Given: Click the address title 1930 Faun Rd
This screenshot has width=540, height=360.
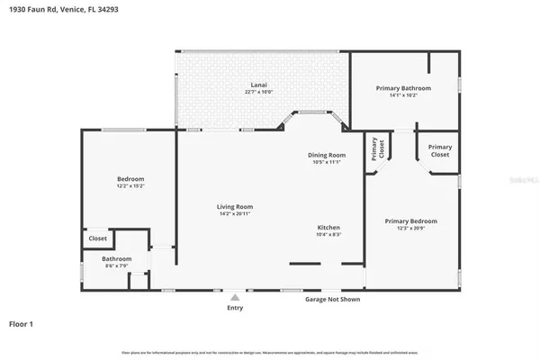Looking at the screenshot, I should (x=46, y=8).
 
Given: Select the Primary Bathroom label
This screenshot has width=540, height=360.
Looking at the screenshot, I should (x=403, y=88).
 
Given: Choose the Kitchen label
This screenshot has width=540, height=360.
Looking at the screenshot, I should (x=328, y=227).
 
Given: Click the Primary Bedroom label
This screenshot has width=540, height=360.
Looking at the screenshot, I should (x=410, y=221).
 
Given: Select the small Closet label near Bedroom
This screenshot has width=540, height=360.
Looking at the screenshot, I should (x=97, y=238).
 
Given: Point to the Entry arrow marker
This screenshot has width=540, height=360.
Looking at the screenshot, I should (x=235, y=295).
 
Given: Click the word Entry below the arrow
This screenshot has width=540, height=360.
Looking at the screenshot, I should (x=235, y=307).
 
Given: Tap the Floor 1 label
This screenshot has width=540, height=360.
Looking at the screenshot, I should (x=22, y=322).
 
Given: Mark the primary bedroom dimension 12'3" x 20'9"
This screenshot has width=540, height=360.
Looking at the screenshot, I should (x=410, y=229).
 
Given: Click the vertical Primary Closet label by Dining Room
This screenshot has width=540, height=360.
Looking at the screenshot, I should (x=376, y=150).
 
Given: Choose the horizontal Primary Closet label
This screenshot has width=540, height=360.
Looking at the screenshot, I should (x=439, y=150).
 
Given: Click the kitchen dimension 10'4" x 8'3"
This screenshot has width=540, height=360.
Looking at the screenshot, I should (x=328, y=234).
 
